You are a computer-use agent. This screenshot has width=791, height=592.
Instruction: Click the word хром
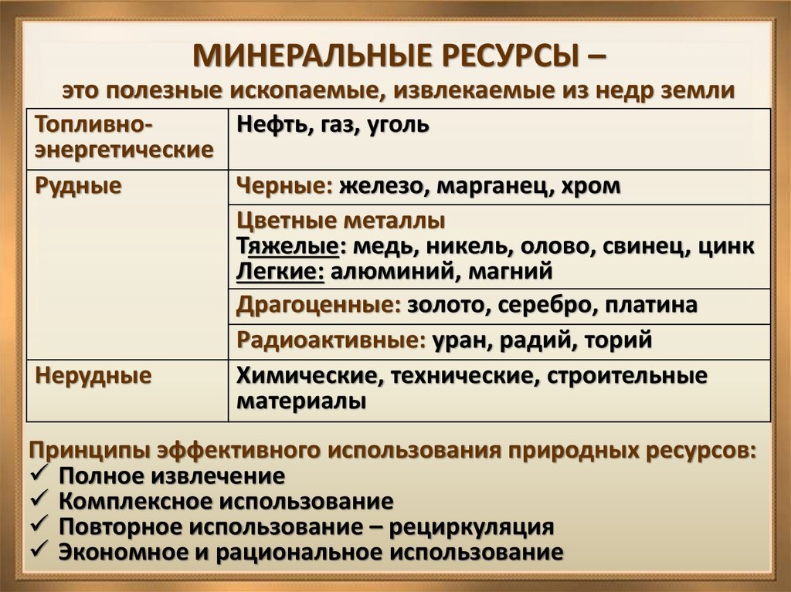pos(592,186)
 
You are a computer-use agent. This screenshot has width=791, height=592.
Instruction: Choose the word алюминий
pos(372,271)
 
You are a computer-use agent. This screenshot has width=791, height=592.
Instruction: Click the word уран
pos(457,340)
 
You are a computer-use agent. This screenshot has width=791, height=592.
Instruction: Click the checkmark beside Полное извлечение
pos(39,473)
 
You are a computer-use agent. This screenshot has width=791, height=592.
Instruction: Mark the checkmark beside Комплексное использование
pos(39,499)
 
